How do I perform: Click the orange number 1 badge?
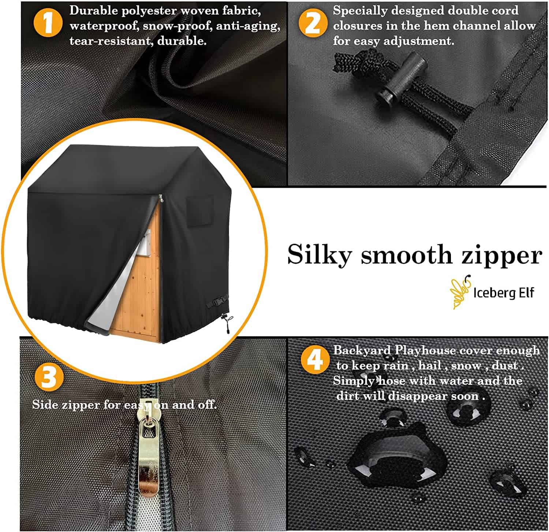click(x=48, y=23)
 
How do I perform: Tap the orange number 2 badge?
click(x=313, y=23)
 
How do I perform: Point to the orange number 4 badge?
click(x=315, y=360)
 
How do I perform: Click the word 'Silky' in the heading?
click(x=319, y=255)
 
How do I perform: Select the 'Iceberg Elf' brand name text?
click(x=504, y=293)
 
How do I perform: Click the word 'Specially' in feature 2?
click(x=360, y=11)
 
